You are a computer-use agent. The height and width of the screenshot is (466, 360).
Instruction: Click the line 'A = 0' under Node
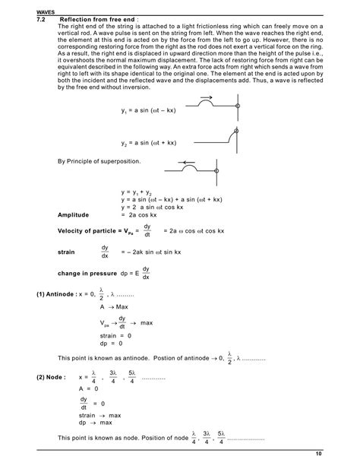90,387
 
